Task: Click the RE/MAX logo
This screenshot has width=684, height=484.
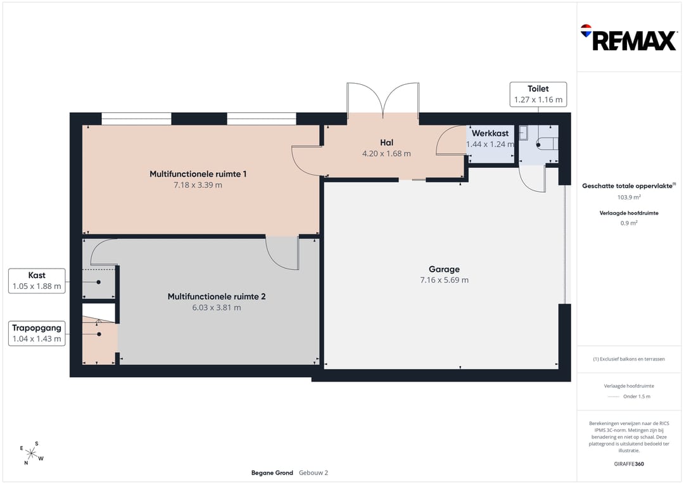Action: click(x=629, y=38)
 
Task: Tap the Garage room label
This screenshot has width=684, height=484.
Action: click(x=444, y=269)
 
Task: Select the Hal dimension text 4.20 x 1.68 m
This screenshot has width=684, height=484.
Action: click(x=386, y=153)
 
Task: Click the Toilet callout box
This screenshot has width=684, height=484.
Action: click(x=538, y=94)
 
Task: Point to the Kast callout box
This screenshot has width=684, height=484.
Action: click(x=37, y=281)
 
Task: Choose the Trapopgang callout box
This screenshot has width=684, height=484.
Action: click(x=37, y=333)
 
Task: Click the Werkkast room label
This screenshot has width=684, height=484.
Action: click(x=490, y=134)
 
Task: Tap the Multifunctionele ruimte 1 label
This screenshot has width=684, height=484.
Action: click(x=198, y=174)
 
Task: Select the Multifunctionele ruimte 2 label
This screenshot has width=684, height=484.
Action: click(x=217, y=296)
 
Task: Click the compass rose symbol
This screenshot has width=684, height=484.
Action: click(x=32, y=453)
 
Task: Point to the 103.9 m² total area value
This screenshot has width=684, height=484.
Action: click(x=629, y=197)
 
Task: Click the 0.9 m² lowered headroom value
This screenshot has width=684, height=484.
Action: click(x=629, y=223)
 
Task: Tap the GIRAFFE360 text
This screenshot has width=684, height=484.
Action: click(x=629, y=464)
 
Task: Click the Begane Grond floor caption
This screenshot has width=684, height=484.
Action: click(x=272, y=473)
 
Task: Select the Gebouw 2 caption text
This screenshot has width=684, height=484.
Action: click(x=313, y=473)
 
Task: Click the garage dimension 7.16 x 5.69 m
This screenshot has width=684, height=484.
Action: click(x=445, y=280)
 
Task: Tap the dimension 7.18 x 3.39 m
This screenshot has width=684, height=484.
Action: click(x=198, y=185)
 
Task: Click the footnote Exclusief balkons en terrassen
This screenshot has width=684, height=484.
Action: click(x=629, y=359)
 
